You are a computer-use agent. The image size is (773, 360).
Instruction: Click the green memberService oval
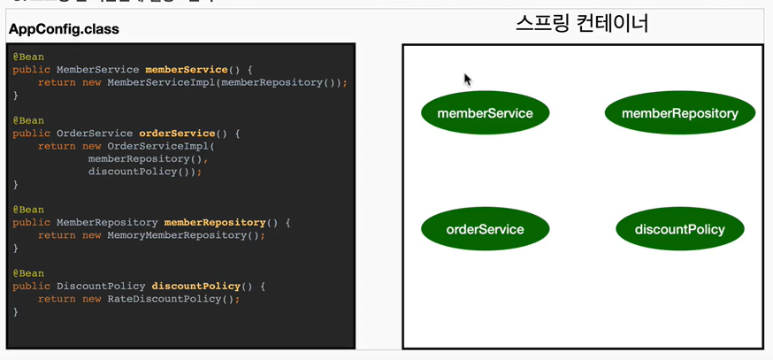point(485,113)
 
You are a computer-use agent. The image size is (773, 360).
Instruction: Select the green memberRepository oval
point(679,113)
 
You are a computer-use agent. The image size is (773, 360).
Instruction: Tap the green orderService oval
point(485,229)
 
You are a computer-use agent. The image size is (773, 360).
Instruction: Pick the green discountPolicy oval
point(679,229)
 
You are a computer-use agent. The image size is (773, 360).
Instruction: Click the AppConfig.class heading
point(64,29)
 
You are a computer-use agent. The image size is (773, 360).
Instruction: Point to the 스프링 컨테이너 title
point(582,23)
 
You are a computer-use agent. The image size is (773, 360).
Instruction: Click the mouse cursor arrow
point(467,79)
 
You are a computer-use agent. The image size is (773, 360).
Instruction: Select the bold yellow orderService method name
point(177,134)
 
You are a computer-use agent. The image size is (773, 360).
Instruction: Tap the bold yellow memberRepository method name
point(215,223)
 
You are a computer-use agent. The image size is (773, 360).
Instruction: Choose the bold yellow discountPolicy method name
point(196,287)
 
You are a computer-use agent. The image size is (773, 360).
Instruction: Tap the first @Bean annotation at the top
point(28,57)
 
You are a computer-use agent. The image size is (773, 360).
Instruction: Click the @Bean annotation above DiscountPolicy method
point(28,273)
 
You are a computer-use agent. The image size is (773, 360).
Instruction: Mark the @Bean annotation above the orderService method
point(28,120)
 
